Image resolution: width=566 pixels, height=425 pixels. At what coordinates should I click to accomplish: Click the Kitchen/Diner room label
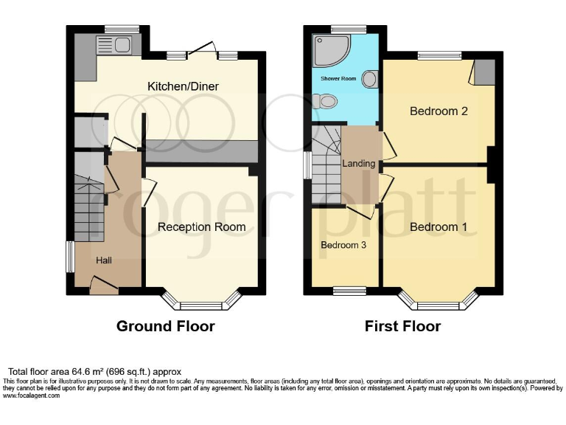[x=184, y=87]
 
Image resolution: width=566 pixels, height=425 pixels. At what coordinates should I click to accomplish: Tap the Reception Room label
[x=201, y=227]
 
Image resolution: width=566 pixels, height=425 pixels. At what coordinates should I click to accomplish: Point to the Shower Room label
[x=338, y=77]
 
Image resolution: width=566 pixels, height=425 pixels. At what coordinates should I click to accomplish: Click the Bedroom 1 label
[x=439, y=227]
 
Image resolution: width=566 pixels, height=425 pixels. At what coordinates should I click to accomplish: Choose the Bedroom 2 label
[x=439, y=111]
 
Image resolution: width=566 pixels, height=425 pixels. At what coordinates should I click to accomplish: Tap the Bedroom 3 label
[x=343, y=244]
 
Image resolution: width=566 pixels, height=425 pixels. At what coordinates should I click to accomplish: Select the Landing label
[x=359, y=163]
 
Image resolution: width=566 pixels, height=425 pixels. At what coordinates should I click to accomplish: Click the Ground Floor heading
[x=166, y=326]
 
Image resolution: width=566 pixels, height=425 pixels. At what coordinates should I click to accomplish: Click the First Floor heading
[x=402, y=326]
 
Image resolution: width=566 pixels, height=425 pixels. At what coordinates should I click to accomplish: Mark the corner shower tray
[x=329, y=50]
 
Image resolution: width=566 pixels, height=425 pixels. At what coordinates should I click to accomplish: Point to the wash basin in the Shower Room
[x=370, y=79]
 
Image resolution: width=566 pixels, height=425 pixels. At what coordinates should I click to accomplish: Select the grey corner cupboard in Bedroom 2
[x=484, y=71]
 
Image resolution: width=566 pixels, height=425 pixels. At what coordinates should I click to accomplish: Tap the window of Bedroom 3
[x=343, y=290]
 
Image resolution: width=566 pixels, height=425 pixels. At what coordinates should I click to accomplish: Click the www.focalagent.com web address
[x=32, y=395]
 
